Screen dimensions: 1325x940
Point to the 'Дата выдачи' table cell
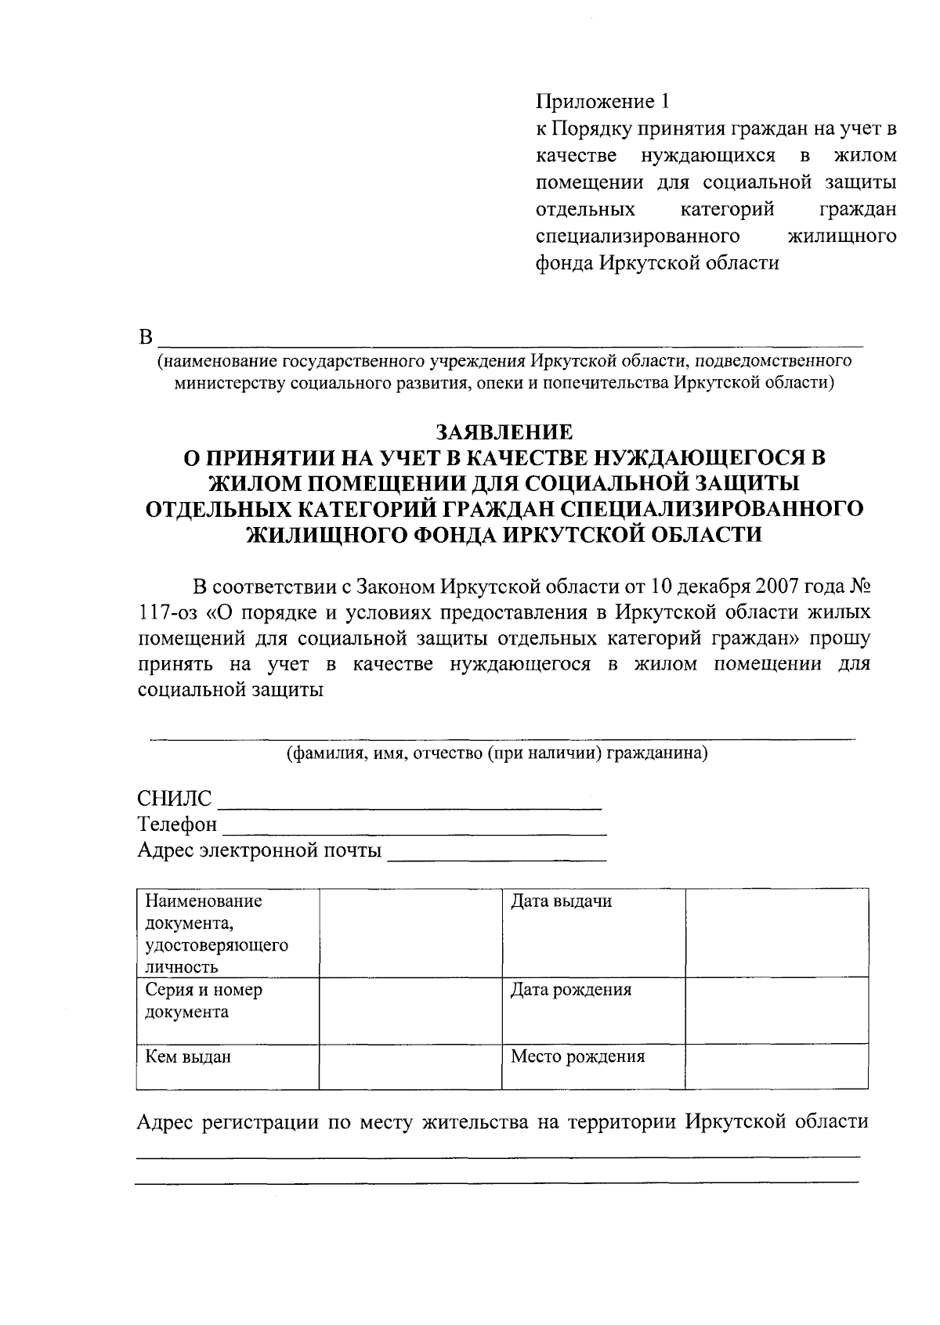click(x=561, y=901)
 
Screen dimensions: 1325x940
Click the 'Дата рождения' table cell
click(x=571, y=990)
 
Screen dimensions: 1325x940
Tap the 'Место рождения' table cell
click(x=577, y=1056)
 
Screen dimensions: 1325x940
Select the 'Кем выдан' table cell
click(x=188, y=1057)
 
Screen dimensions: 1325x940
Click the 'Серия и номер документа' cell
click(x=204, y=1001)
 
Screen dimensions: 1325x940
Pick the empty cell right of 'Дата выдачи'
click(x=776, y=932)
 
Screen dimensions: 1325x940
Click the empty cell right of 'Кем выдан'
click(x=410, y=1066)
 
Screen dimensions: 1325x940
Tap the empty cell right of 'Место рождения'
click(x=776, y=1066)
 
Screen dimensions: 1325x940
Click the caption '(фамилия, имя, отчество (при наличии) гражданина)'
click(x=497, y=754)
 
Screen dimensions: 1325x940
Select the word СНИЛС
click(x=174, y=800)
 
